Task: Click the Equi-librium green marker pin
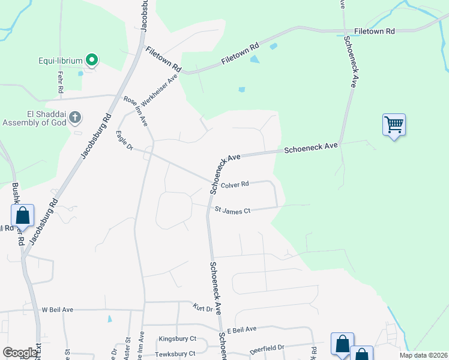[x=91, y=60]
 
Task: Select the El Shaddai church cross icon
[x=75, y=117]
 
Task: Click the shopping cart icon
[x=394, y=125]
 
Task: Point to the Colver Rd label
[x=235, y=185]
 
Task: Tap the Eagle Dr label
[x=125, y=141]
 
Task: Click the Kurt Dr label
[x=203, y=308]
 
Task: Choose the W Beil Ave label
[x=57, y=310]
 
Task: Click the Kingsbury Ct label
[x=177, y=339]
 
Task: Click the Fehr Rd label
[x=61, y=82]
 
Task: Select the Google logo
[x=20, y=353]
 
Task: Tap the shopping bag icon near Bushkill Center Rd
[x=22, y=215]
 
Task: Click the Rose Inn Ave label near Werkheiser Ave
[x=136, y=112]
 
